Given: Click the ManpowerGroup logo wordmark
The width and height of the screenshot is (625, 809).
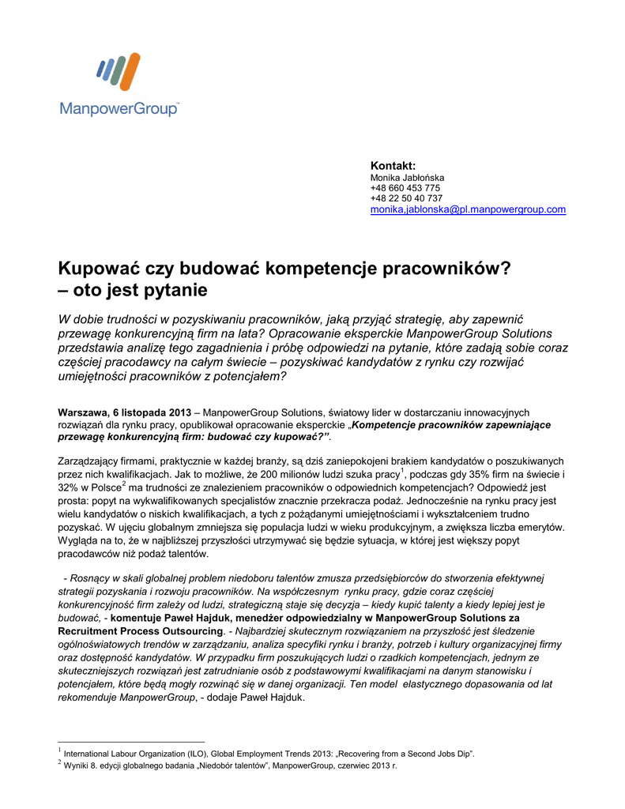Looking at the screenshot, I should pyautogui.click(x=119, y=108).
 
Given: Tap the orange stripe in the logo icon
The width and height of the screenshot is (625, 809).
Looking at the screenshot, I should pyautogui.click(x=129, y=72).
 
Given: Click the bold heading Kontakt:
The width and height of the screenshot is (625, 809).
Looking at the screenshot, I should pyautogui.click(x=393, y=166).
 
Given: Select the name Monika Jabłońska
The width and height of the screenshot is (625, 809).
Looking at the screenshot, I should pyautogui.click(x=407, y=178).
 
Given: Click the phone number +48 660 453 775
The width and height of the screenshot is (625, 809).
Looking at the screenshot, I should pyautogui.click(x=405, y=188).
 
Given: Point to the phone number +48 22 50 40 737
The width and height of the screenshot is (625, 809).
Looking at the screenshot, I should pyautogui.click(x=406, y=198).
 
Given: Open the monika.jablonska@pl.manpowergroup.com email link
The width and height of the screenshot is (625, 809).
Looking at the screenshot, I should pyautogui.click(x=468, y=209).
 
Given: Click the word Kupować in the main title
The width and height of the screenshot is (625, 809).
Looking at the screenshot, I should pyautogui.click(x=104, y=268).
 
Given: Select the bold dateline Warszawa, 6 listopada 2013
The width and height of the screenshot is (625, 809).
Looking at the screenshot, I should pyautogui.click(x=124, y=412).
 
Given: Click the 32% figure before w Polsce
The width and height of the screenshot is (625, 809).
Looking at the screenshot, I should pyautogui.click(x=70, y=489).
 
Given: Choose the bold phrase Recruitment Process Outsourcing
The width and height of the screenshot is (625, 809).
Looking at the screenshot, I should pyautogui.click(x=141, y=631).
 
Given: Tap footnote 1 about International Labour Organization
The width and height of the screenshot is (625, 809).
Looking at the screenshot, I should pyautogui.click(x=269, y=753).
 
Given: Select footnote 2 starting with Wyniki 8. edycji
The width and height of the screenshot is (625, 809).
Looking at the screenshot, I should pyautogui.click(x=230, y=766).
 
